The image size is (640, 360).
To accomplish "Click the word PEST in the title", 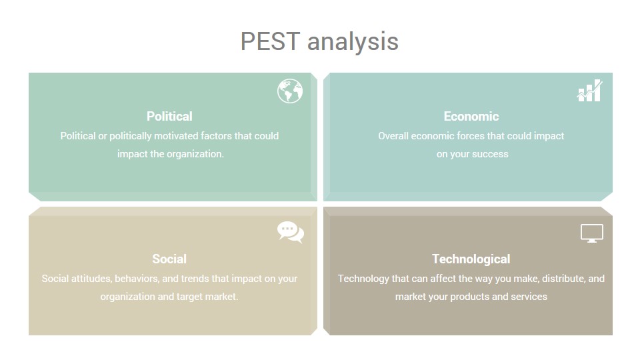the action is (x=270, y=41).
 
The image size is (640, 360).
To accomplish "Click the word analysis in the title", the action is (x=353, y=43).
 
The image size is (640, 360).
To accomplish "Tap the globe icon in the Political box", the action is (x=290, y=91).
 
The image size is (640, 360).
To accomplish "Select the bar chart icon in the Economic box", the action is (x=589, y=90).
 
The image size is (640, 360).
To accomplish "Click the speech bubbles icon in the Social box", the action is (x=291, y=232).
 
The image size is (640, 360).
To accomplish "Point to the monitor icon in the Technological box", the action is (x=592, y=233).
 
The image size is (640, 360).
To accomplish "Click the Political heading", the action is (x=169, y=116).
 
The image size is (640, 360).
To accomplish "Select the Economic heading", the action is (x=471, y=116).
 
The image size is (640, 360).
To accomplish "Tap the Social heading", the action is (x=169, y=259).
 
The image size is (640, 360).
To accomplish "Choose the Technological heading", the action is (x=471, y=259).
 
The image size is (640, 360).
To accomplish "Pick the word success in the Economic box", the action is (x=491, y=154).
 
